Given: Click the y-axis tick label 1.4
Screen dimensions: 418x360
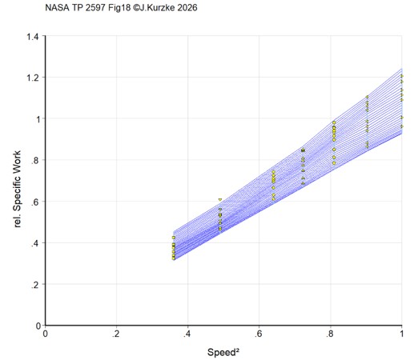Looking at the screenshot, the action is pos(33,36).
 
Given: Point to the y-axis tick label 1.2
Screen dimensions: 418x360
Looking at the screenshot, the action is pos(33,78).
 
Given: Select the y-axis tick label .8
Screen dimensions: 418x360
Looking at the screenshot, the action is pos(35,160).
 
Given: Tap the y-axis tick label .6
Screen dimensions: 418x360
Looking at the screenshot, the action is pos(35,202).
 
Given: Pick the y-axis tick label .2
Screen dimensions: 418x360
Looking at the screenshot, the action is pos(35,285).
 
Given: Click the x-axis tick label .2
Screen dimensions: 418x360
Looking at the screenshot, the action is pos(115,334).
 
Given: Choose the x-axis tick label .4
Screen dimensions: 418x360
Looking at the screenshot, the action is pos(187,334).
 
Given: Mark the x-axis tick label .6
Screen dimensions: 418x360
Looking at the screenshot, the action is pos(258,334).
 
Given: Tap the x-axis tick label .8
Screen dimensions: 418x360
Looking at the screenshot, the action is pos(330,334).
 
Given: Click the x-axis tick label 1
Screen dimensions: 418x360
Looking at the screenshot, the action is pos(401,334).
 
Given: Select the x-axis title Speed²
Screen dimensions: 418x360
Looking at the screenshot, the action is pos(223,352).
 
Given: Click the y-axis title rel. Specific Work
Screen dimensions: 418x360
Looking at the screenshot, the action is pos(17,189).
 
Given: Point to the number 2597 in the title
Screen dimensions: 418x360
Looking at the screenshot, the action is pos(95,7).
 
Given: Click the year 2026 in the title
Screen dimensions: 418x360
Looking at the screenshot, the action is pos(187,7).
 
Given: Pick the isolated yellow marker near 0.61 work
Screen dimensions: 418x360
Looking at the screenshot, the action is pos(220,199).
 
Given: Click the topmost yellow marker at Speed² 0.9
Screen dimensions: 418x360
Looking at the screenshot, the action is pos(367,97).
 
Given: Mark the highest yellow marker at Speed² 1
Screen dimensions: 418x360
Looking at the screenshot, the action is pos(402,76).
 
